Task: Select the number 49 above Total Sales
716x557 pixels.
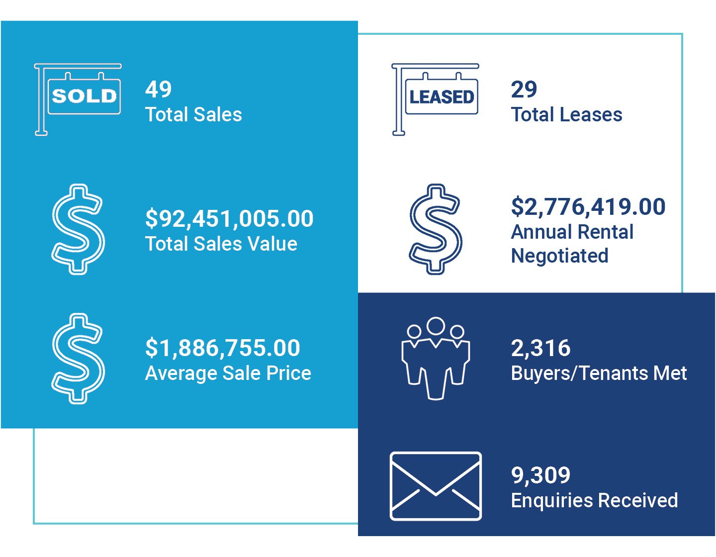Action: (159, 90)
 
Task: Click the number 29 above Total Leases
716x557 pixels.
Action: (524, 90)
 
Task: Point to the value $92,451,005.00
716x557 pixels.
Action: (229, 219)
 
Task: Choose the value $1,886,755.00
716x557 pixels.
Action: (222, 348)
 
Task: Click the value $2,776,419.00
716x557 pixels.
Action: (588, 207)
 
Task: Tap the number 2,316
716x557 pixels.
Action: (541, 348)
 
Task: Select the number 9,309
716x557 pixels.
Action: (541, 475)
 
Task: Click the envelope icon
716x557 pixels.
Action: (436, 486)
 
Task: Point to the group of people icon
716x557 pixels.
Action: (436, 358)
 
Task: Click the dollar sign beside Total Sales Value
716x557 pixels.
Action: (78, 229)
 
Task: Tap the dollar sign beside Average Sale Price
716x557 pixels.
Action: (78, 358)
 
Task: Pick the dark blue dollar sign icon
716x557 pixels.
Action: (436, 229)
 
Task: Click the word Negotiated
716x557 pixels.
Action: (560, 256)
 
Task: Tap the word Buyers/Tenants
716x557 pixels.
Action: (570, 373)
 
